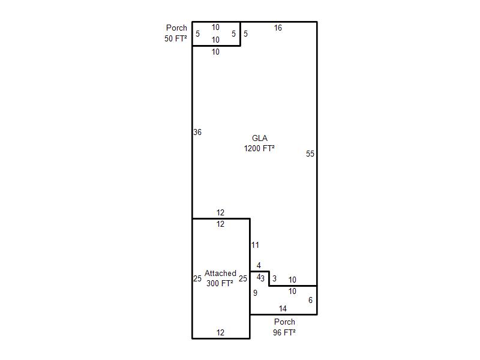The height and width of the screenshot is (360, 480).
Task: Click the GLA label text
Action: coord(260,138)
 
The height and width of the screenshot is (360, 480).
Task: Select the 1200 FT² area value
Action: coord(259,148)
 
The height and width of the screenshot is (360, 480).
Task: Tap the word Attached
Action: coord(220,273)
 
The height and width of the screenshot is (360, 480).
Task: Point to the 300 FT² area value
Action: coord(220,283)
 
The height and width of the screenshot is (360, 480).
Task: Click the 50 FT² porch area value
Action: coord(175,38)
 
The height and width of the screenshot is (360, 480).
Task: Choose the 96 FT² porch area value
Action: coord(284,332)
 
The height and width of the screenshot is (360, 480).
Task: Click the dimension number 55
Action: coord(310,154)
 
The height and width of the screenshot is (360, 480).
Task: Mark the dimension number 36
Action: coord(197,132)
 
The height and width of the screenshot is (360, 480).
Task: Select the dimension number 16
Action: coord(278,28)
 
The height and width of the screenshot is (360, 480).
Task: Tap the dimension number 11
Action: coord(255,245)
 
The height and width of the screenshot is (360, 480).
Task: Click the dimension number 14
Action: coord(283,308)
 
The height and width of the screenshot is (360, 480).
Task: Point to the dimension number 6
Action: coord(310,301)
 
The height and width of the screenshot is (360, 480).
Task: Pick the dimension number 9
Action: coord(256,293)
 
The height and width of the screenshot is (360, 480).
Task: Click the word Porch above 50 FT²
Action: coord(176,28)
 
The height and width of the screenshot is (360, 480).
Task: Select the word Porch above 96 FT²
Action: coord(284,322)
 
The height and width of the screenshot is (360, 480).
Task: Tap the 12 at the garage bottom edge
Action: coord(220,332)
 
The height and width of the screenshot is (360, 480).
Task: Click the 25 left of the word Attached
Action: coord(197,278)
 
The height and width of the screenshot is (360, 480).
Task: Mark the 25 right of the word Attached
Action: coord(243,278)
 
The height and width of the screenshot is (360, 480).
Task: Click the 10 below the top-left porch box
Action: coord(215,52)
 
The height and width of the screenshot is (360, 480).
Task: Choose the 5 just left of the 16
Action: coord(245,34)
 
